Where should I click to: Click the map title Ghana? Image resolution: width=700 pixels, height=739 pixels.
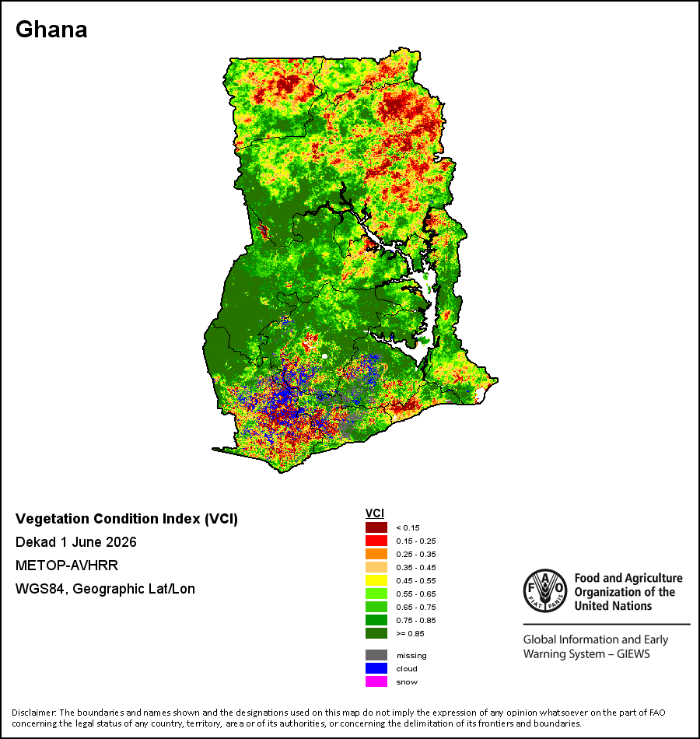click(51, 30)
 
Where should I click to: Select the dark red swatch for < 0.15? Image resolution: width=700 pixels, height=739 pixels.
click(376, 527)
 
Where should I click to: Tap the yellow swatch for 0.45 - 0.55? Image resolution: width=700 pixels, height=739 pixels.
click(376, 580)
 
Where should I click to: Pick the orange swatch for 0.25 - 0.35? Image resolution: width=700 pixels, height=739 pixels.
click(376, 554)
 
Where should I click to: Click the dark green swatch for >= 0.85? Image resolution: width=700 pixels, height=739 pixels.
click(376, 633)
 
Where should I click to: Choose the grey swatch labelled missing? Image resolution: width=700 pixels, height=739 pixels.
click(376, 655)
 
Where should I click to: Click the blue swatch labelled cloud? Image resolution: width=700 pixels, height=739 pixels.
click(376, 668)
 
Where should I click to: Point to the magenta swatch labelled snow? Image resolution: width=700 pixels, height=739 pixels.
click(376, 681)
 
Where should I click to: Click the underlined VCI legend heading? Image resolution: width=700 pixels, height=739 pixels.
click(375, 513)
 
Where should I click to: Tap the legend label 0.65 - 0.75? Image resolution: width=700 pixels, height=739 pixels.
click(416, 607)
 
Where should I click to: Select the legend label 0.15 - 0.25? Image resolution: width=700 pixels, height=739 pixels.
click(416, 541)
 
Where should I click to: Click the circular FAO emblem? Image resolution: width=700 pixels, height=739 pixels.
click(545, 590)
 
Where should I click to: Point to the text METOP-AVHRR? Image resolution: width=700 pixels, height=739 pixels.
click(67, 565)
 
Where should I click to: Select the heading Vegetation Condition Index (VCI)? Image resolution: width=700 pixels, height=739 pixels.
click(127, 519)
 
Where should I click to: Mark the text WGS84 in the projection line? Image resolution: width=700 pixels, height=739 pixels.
click(40, 589)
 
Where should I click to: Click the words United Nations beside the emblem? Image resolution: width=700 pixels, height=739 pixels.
click(613, 606)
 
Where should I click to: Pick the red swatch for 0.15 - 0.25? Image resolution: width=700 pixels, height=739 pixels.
click(376, 541)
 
